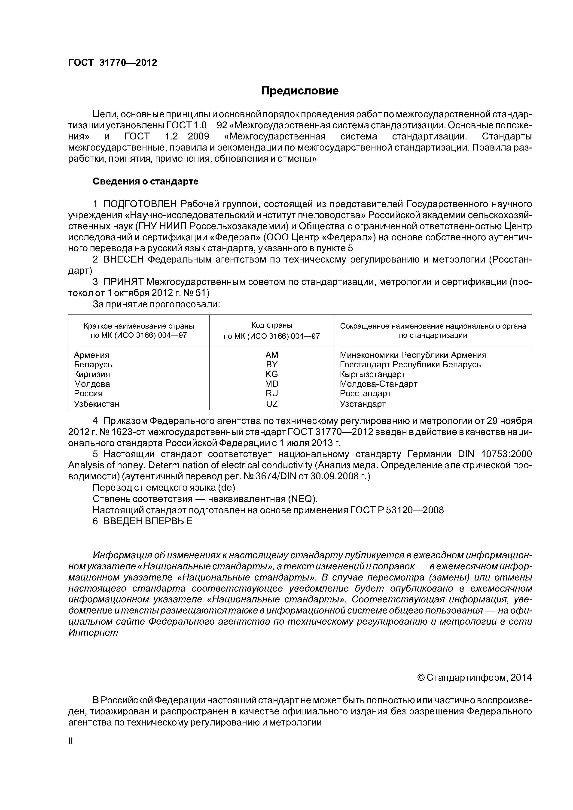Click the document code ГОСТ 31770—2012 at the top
[112, 63]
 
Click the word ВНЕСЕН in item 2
[124, 260]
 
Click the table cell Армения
[92, 355]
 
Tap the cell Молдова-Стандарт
[378, 384]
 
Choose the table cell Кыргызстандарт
[372, 374]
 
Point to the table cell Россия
[88, 393]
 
